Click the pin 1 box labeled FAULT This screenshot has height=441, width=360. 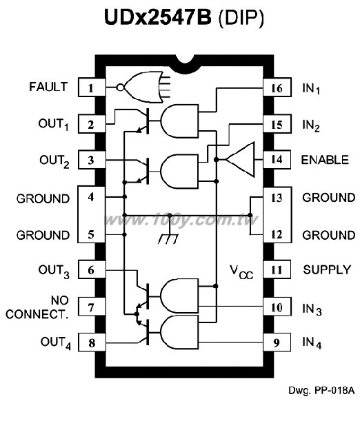pos(92,88)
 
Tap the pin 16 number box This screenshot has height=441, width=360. pos(277,88)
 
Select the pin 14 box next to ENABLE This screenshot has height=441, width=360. pos(277,160)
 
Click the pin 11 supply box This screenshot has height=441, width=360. pos(277,269)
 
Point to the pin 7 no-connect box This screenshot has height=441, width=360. pos(92,307)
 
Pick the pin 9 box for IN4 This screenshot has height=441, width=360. pos(277,342)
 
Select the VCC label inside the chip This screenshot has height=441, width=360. pos(241,272)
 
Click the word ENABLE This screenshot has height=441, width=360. pos(325,160)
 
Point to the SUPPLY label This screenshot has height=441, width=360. pos(327,269)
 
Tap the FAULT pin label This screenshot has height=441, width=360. pos(48,87)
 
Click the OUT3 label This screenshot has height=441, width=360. pos(54,271)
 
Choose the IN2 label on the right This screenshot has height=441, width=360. pos(311,125)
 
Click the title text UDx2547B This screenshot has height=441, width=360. pos(158,17)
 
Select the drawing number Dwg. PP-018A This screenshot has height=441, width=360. pos(321,391)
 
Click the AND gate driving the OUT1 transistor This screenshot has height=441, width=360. pos(179,121)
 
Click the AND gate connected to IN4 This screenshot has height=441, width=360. pos(179,332)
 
